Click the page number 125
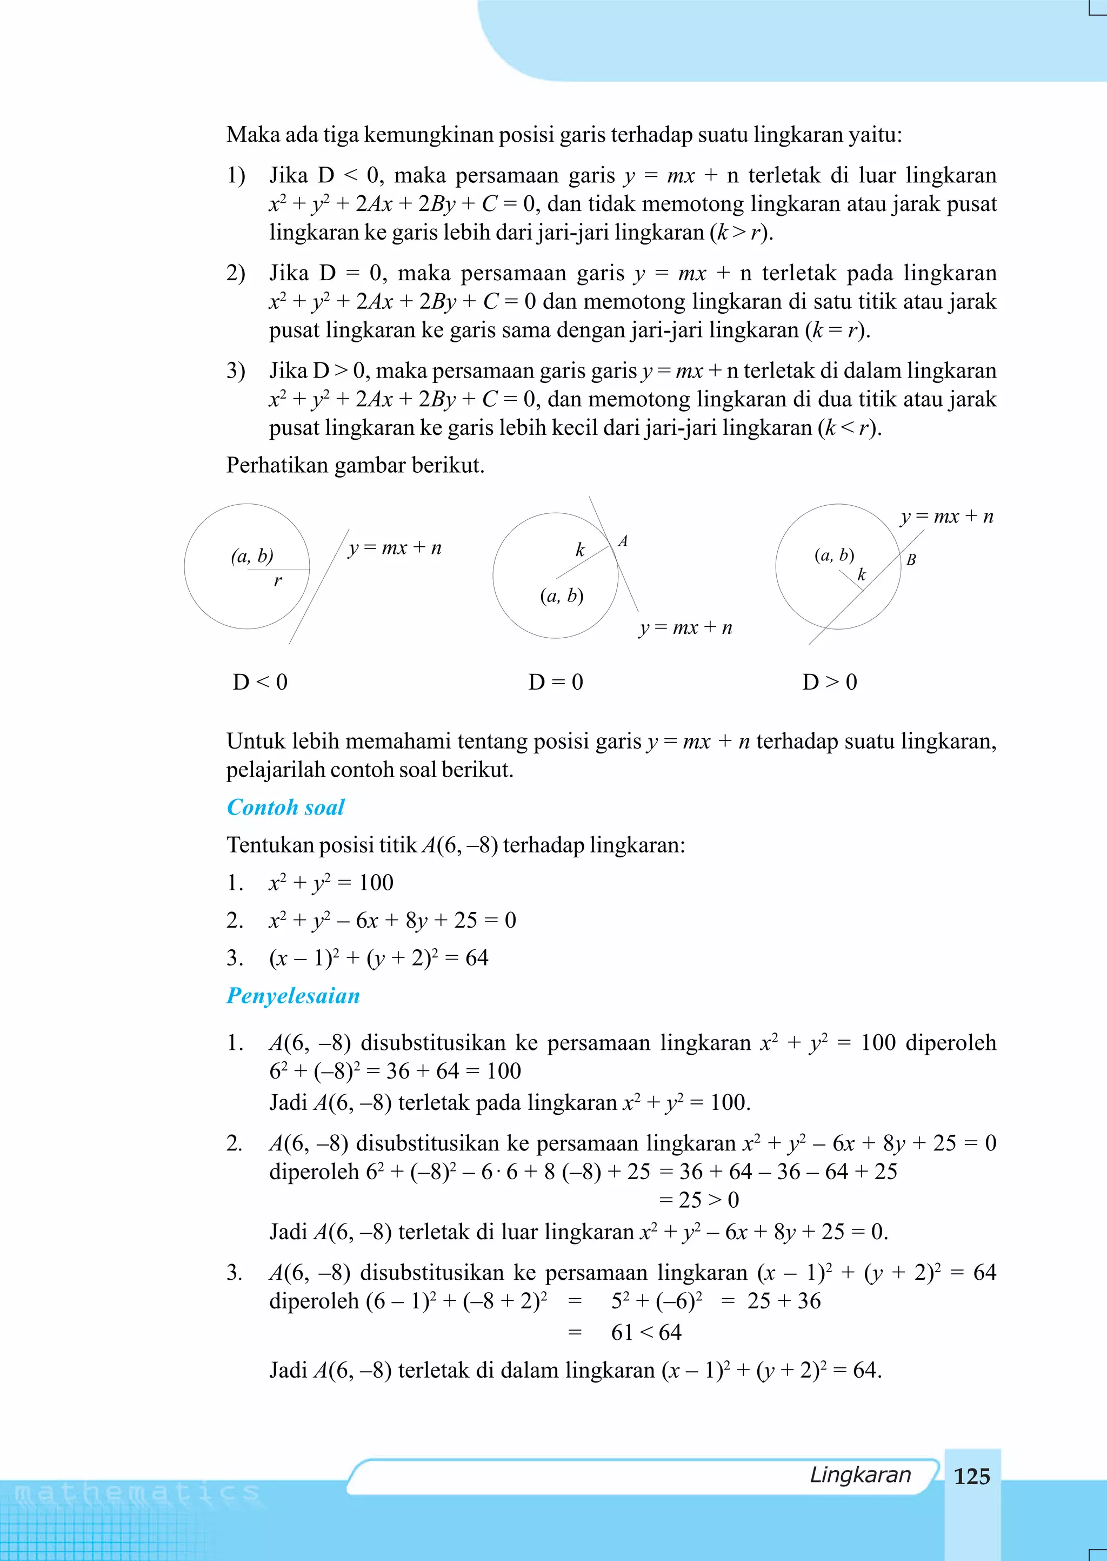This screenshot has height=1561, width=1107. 971,1476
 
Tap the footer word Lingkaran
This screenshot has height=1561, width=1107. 859,1474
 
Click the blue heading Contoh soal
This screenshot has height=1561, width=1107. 285,808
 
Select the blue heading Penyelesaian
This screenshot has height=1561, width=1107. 292,996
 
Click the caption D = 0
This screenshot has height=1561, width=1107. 556,682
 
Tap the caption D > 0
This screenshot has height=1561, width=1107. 830,682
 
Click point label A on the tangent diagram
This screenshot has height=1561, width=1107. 622,541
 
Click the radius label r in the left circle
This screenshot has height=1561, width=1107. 277,581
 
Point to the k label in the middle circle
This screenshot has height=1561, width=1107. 580,550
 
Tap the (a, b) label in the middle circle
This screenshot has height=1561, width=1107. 562,596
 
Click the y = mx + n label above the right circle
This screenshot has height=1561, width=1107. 946,516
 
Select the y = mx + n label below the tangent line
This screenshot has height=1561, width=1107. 685,627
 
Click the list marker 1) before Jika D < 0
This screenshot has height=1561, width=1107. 236,175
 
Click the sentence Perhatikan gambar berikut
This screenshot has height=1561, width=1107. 355,465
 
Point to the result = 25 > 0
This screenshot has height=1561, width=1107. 699,1200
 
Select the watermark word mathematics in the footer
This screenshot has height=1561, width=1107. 136,1493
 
